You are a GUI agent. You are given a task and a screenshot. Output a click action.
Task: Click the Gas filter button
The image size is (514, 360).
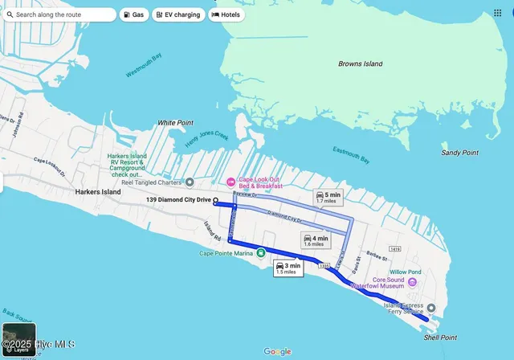pos(134,14)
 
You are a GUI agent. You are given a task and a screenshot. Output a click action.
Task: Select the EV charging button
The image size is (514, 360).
pos(177,14)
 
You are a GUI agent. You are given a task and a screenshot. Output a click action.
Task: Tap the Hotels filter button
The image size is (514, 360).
pos(226,14)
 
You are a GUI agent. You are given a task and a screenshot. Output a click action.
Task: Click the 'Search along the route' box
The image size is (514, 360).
pos(60,14)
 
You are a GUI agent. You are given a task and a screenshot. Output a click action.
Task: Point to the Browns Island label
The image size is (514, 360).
pos(361,63)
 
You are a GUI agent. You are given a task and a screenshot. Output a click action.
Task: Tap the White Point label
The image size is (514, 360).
pos(175,123)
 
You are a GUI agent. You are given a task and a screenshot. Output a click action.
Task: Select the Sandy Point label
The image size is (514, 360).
pos(459,153)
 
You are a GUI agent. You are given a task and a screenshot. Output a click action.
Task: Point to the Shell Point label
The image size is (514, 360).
pos(443,337)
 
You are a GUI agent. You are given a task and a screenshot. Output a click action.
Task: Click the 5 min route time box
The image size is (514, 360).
pos(329,197)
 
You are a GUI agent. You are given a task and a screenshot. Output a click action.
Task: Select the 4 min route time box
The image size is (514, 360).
pos(315,240)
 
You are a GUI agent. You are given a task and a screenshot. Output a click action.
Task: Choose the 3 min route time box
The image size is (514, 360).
pos(287,268)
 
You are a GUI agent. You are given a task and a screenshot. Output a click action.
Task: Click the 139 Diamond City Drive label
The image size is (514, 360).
pos(179,199)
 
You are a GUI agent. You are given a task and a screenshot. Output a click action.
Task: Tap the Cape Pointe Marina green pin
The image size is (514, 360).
pos(260,254)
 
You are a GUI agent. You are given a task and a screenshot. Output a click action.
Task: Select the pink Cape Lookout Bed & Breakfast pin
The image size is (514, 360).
pos(230,181)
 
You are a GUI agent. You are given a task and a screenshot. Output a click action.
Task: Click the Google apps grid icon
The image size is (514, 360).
pos(497,14)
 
